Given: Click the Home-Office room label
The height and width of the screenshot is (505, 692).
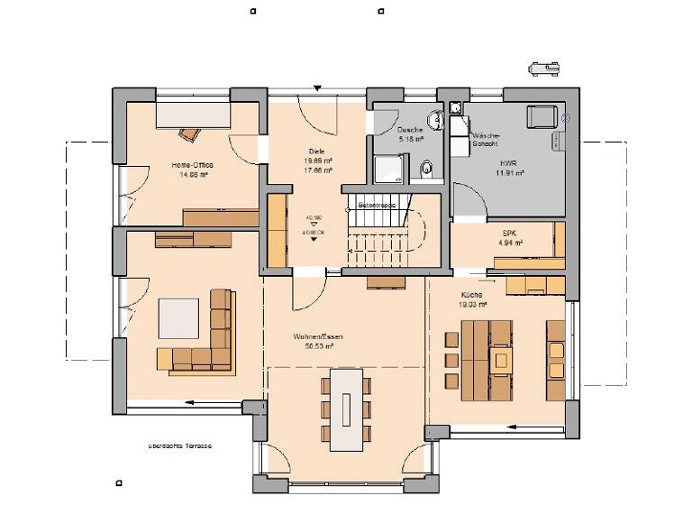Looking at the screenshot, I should point(190,165).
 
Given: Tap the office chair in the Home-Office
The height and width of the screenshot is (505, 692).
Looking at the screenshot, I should point(189,134).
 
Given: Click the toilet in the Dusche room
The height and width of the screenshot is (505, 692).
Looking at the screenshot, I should point(427,166).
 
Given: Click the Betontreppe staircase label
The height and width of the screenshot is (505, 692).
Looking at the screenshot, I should point(378,206).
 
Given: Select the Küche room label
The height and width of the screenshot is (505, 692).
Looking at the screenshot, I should point(471,295).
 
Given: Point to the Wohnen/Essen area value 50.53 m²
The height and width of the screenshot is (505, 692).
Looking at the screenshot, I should point(314,345).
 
